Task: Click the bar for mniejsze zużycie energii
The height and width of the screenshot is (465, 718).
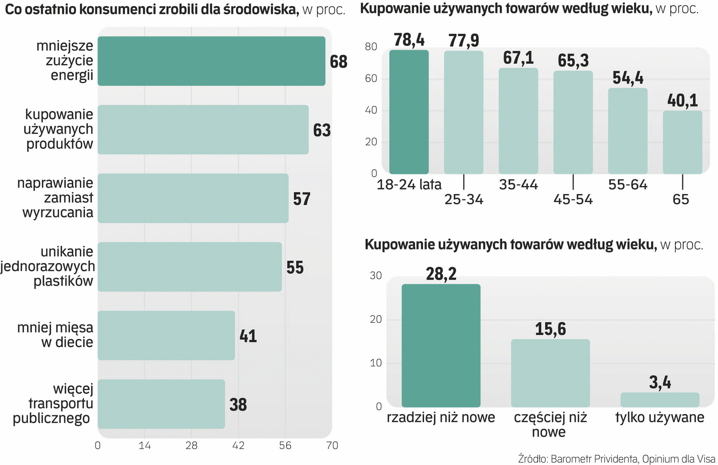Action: (x=211, y=61)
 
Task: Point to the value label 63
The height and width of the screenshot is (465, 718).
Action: (x=322, y=130)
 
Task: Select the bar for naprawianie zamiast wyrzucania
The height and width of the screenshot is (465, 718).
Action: (x=193, y=198)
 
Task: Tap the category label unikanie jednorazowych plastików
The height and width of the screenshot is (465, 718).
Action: (x=48, y=266)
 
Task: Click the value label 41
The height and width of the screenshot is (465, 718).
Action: (x=248, y=336)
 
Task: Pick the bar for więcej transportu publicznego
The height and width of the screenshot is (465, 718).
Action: (x=161, y=404)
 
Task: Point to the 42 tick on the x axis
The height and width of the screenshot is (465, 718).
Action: (x=238, y=446)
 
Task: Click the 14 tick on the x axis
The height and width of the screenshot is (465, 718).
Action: (x=144, y=446)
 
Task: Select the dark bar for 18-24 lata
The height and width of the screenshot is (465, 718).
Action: (x=409, y=112)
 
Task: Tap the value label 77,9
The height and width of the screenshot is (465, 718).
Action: (x=463, y=40)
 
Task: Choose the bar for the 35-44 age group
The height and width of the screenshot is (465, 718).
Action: (x=518, y=121)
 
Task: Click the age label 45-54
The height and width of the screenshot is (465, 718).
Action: (x=573, y=199)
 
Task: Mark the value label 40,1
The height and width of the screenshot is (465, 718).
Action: (x=682, y=101)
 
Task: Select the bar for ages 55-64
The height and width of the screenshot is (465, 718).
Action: (x=627, y=131)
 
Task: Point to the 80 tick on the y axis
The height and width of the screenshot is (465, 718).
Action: (x=371, y=46)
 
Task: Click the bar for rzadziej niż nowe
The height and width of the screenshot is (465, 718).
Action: (x=441, y=345)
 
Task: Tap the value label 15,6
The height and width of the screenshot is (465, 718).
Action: (x=550, y=329)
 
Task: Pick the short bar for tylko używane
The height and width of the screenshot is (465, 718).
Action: (x=660, y=400)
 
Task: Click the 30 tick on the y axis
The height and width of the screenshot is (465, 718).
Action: (x=376, y=276)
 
